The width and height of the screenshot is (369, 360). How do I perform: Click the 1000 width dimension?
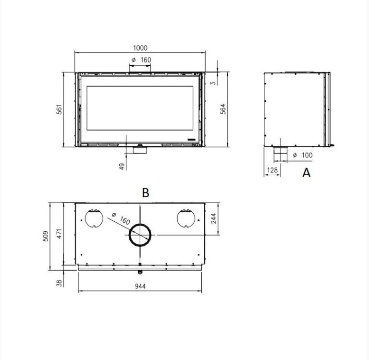140,48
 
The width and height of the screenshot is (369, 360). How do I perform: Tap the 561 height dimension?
59,109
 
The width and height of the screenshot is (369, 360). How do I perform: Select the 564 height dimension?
223,109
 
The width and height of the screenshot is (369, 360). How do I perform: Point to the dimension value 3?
213,83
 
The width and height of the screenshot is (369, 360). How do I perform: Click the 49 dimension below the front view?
122,166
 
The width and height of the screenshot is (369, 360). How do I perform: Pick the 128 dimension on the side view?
272,170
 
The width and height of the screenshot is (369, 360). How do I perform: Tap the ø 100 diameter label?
303,155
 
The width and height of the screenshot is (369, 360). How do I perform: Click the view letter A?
307,173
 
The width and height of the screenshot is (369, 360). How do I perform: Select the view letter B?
146,193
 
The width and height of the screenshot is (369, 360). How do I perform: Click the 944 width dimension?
140,286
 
